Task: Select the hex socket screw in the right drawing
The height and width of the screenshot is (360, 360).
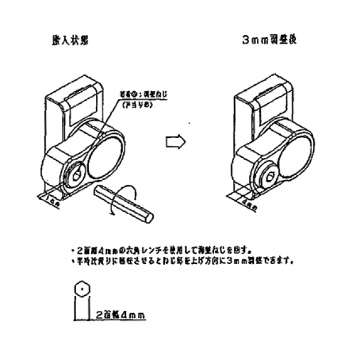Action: click(270, 176)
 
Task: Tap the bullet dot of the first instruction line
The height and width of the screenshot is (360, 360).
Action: click(73, 248)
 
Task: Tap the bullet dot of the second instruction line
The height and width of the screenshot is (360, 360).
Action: click(73, 261)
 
